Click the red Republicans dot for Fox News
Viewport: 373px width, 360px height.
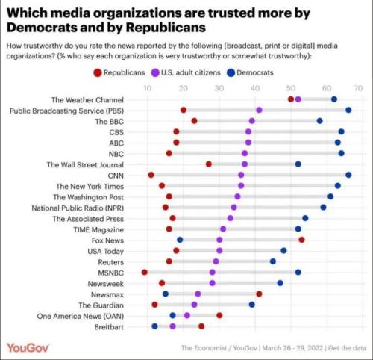(301, 240)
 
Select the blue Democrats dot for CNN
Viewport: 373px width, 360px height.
(348, 175)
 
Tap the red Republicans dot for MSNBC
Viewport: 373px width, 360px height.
(144, 273)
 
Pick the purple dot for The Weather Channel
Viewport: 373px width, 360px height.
(298, 99)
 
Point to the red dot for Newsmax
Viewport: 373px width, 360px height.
(259, 294)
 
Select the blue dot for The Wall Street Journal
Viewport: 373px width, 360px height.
(298, 164)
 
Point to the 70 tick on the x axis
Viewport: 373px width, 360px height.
(359, 88)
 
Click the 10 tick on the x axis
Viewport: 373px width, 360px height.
(148, 88)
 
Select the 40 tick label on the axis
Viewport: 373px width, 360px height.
(254, 88)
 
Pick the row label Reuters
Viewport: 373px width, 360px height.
(110, 261)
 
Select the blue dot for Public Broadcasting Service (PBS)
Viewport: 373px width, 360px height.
(348, 110)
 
